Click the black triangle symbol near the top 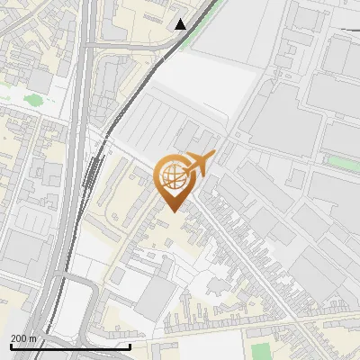pyautogui.click(x=181, y=24)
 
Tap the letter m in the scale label pyautogui.click(x=34, y=338)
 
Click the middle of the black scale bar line pyautogui.click(x=69, y=346)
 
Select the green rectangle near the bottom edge pyautogui.click(x=260, y=351)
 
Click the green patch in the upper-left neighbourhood pyautogui.click(x=36, y=100)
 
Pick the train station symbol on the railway pyautogui.click(x=93, y=165)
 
